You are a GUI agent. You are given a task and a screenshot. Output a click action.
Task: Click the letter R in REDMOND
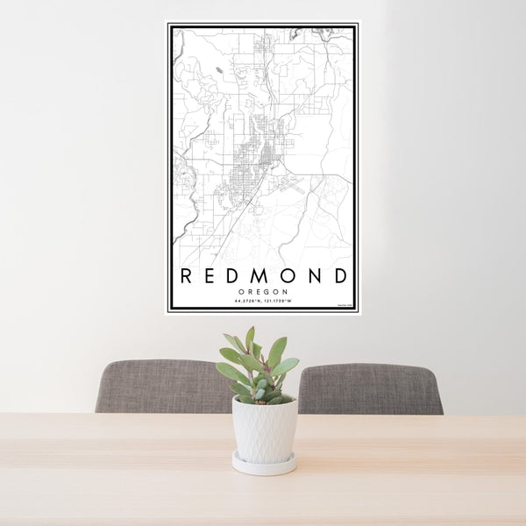186,276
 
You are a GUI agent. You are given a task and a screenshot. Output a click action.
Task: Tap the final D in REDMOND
340,276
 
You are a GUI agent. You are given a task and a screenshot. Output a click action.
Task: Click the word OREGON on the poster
263,292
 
